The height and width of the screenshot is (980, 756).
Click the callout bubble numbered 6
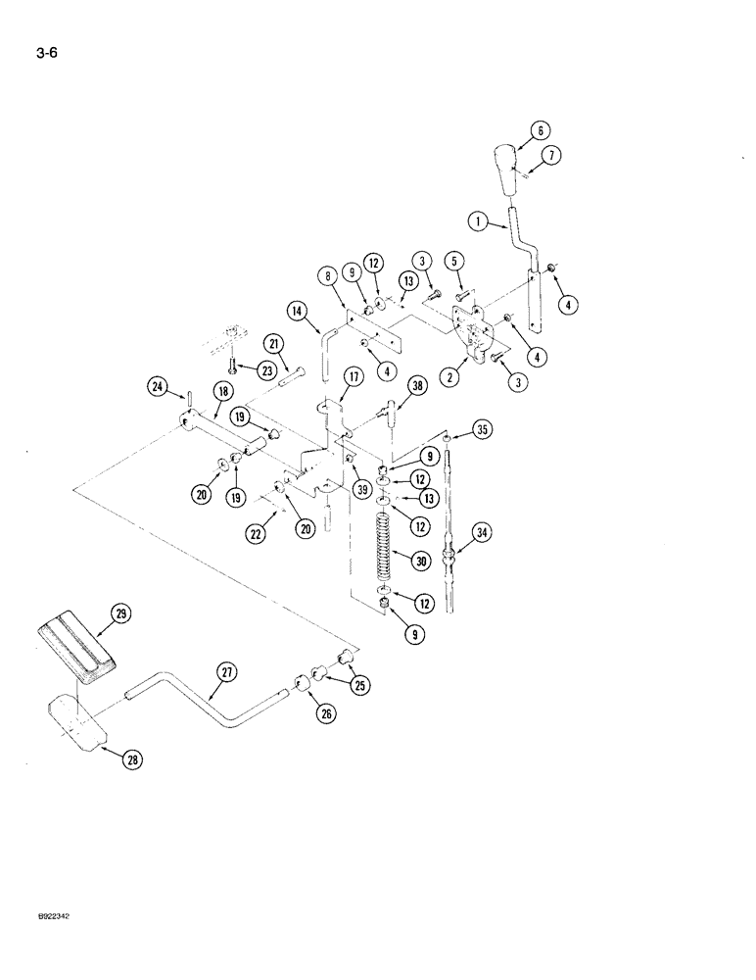coord(538,129)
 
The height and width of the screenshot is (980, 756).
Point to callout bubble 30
coord(421,562)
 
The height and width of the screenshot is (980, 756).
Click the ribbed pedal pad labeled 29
coord(75,647)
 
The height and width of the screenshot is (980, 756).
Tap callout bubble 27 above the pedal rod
coord(227,671)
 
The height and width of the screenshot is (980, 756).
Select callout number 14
coord(298,314)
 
